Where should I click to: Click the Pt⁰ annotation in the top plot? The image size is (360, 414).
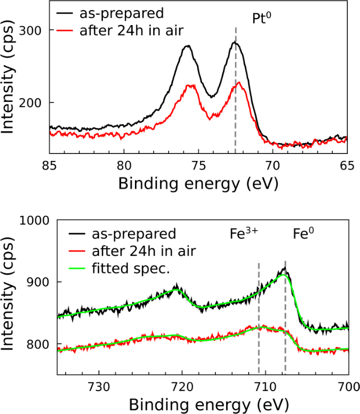pyautogui.click(x=262, y=19)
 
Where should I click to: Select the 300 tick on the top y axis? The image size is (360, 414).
pyautogui.click(x=35, y=30)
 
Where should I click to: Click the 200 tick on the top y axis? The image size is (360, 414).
pyautogui.click(x=35, y=102)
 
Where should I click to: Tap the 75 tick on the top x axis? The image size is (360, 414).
pyautogui.click(x=198, y=165)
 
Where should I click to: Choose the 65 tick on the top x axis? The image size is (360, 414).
pyautogui.click(x=347, y=165)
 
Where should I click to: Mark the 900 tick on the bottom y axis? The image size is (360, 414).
pyautogui.click(x=35, y=282)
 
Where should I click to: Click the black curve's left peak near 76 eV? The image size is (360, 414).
pyautogui.click(x=187, y=46)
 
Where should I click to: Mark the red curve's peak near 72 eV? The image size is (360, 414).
pyautogui.click(x=239, y=83)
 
